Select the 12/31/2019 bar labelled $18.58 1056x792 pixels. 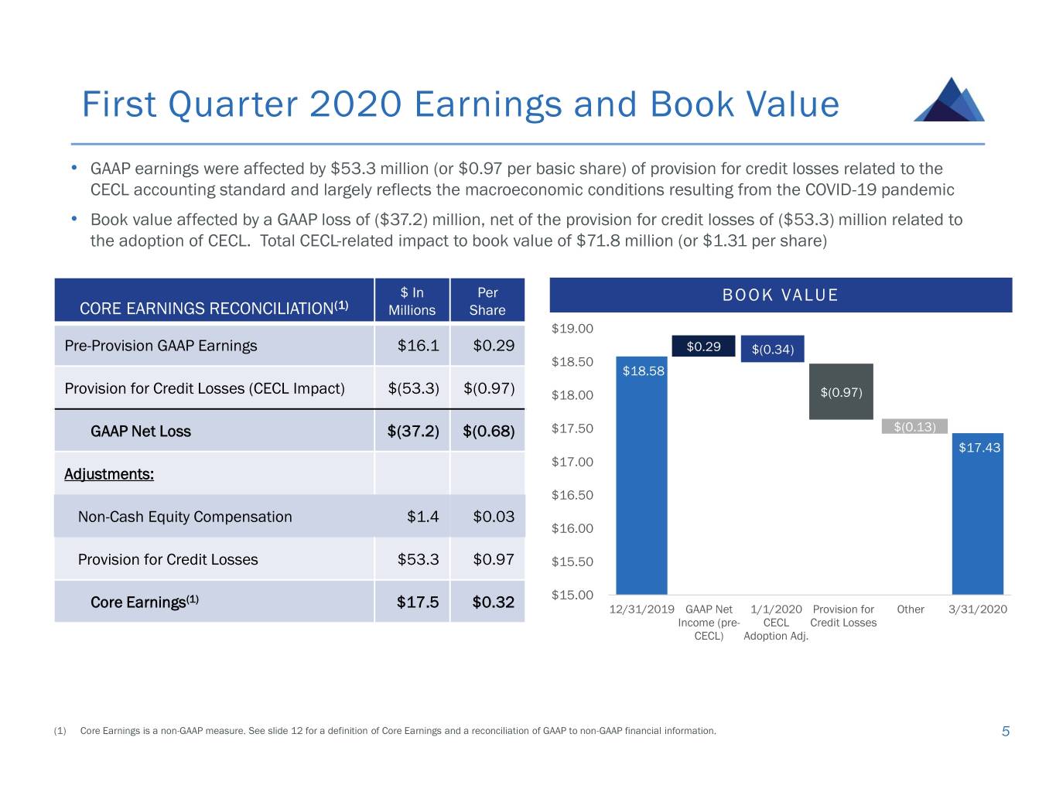tap(641, 475)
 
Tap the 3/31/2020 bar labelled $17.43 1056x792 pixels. tap(977, 514)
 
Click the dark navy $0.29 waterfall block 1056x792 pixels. tap(703, 346)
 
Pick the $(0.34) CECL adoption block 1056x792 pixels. tap(772, 349)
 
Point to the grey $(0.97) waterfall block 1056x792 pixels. tap(841, 391)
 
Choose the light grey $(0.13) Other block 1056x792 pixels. tap(914, 426)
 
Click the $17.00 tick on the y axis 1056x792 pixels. tap(572, 462)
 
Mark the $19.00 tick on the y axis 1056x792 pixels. tap(572, 329)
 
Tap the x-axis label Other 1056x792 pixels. tap(911, 609)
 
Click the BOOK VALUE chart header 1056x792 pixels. tap(781, 295)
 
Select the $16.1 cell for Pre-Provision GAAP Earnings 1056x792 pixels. tap(418, 345)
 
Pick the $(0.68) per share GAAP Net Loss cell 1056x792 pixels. tap(488, 431)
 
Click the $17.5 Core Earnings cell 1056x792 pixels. tap(418, 602)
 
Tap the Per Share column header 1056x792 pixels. tap(487, 301)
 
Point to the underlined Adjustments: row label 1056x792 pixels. tap(109, 474)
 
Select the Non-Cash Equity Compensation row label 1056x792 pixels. tap(185, 517)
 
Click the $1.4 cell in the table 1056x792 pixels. tap(423, 517)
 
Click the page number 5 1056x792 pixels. tap(1005, 731)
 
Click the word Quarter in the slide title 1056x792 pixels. tap(233, 104)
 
